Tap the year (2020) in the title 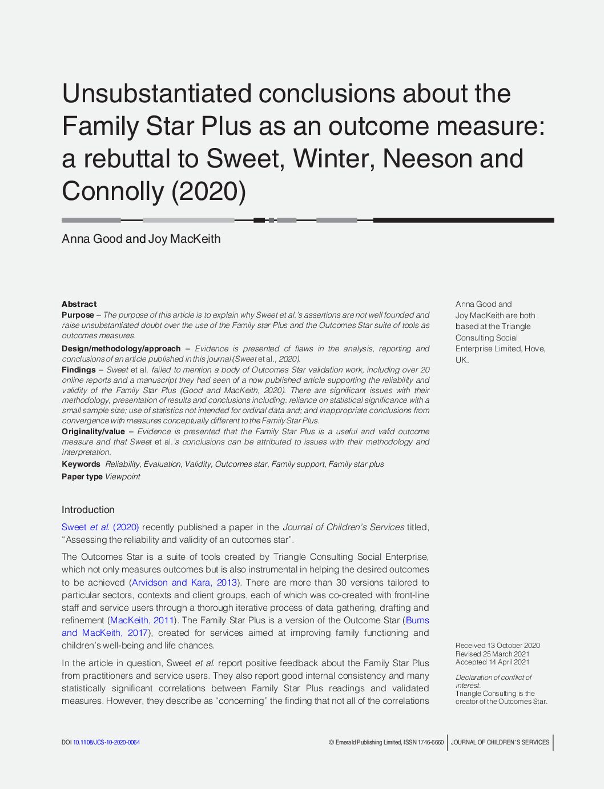coord(208,191)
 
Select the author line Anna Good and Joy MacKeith coord(141,239)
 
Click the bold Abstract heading coord(79,304)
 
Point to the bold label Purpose coord(78,315)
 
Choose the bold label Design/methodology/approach coord(121,349)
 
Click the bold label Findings coord(78,370)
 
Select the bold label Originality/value coord(93,431)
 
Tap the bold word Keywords coord(81,464)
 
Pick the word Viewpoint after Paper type coord(122,476)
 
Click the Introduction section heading coord(88,510)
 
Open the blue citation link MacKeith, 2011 coord(142,620)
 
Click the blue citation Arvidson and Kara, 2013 coord(184,582)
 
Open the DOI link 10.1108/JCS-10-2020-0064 coord(106,742)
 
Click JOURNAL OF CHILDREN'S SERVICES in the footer coord(500,742)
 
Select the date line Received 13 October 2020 coord(497,646)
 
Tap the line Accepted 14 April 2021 coord(492,662)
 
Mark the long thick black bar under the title coord(463,220)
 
